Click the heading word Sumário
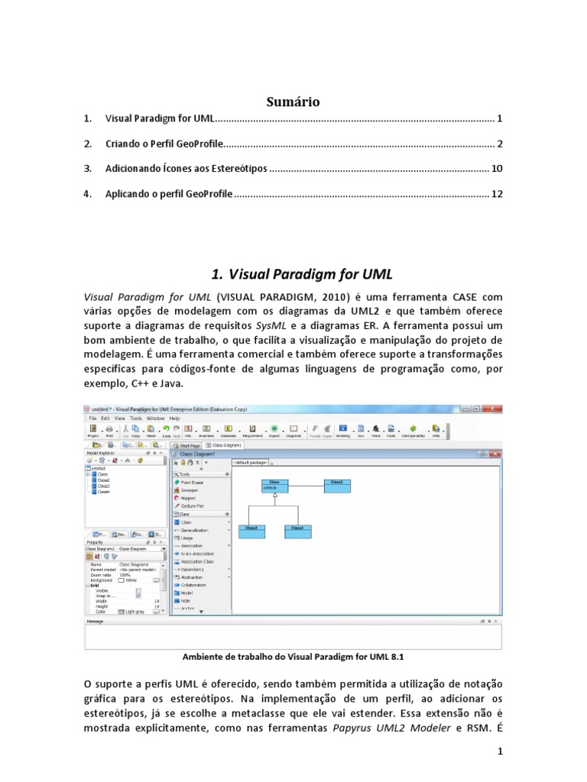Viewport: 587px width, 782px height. (293, 102)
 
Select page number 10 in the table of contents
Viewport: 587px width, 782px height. (497, 169)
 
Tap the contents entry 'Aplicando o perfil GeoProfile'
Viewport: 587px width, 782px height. (168, 194)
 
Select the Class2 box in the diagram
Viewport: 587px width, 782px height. (336, 486)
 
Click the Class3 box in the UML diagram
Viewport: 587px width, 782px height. (251, 532)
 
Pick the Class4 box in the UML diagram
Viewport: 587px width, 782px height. (297, 532)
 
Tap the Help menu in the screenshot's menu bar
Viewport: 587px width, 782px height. (175, 418)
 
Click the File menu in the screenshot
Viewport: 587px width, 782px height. (93, 418)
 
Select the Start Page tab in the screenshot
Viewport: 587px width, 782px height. (188, 444)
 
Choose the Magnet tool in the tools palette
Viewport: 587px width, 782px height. (187, 497)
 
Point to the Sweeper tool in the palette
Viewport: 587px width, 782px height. (189, 490)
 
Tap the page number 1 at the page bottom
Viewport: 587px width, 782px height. (499, 752)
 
